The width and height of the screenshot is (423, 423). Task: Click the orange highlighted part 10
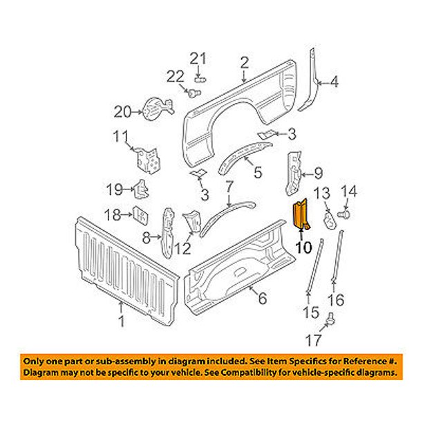302,215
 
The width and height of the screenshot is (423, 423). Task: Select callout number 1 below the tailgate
122,321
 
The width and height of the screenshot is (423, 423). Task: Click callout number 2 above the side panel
244,64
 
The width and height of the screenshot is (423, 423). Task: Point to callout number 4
335,83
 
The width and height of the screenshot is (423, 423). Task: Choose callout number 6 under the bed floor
262,299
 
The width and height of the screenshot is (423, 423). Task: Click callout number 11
120,135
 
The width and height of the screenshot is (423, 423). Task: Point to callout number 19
115,188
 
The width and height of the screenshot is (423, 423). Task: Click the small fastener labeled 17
331,319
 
